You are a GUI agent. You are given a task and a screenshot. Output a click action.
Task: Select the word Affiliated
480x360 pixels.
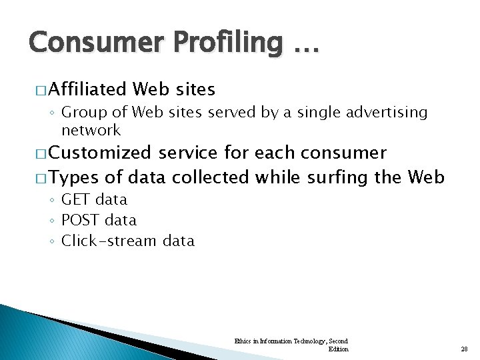coord(87,89)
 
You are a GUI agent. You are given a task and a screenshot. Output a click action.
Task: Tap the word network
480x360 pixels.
coord(91,130)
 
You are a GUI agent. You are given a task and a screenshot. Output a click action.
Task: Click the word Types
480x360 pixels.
coord(73,178)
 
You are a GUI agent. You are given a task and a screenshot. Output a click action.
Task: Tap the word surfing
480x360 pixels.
coord(333,178)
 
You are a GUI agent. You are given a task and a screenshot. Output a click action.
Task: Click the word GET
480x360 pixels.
coord(75,199)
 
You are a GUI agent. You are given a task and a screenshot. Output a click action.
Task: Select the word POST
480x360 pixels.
coord(79,220)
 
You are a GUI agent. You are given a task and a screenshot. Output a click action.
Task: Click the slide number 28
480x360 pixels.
coord(465,349)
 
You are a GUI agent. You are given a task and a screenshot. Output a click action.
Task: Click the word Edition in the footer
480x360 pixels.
coord(339,349)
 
